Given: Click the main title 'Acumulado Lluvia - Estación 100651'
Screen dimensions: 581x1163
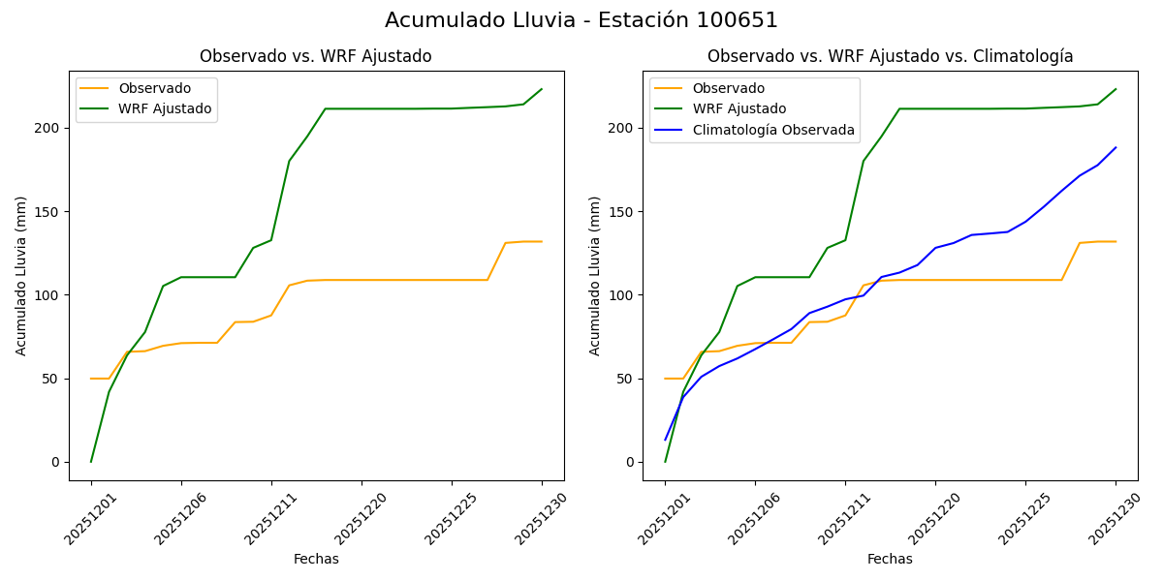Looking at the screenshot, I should [x=581, y=20].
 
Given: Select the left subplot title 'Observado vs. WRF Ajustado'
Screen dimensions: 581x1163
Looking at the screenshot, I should [x=316, y=56].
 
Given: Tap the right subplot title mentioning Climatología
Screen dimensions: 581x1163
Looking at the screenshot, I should [x=890, y=56].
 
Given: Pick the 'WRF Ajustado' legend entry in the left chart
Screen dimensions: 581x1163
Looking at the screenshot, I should [x=165, y=108].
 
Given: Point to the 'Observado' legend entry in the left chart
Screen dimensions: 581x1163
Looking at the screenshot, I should [x=155, y=88].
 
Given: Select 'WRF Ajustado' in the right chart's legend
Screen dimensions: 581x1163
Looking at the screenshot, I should [x=739, y=108].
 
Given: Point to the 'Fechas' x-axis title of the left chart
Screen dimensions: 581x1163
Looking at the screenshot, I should [x=316, y=559].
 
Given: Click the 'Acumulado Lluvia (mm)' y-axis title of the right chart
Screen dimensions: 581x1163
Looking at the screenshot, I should [x=595, y=276].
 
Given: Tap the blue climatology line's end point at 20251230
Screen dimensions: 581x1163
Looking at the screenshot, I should [x=1116, y=148].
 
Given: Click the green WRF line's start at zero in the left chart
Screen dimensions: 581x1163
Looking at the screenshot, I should [x=91, y=461].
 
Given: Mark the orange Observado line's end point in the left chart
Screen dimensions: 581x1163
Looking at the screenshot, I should [x=542, y=242].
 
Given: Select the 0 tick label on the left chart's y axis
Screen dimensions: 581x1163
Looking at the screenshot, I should [x=56, y=462].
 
